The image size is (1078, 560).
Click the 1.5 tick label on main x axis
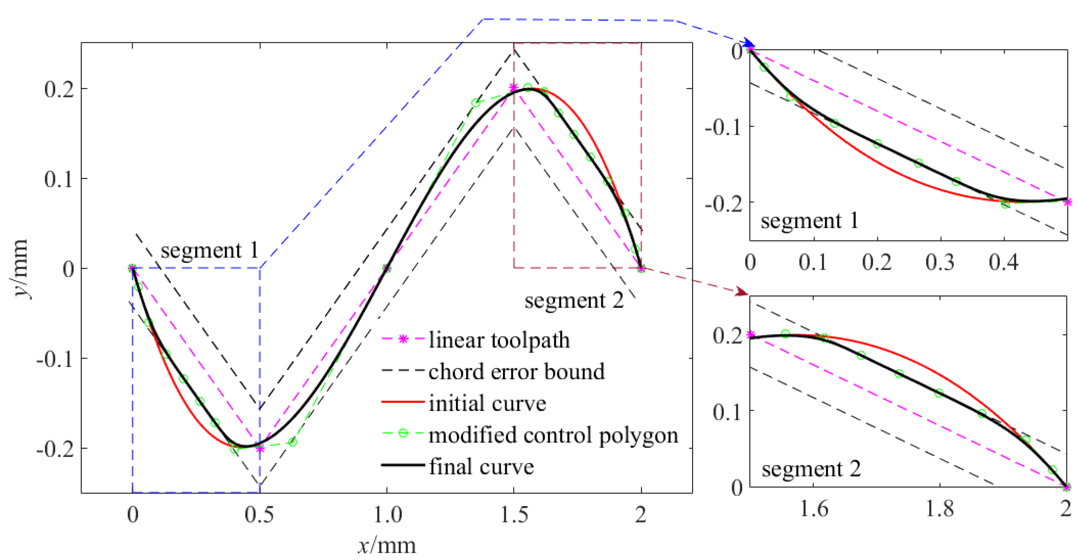point(514,514)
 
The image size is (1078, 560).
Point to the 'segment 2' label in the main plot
point(574,300)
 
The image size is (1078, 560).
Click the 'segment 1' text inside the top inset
point(809,220)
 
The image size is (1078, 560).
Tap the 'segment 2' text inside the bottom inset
point(811,469)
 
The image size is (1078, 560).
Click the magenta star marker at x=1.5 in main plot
point(513,88)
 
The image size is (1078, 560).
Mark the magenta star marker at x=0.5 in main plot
point(260,449)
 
